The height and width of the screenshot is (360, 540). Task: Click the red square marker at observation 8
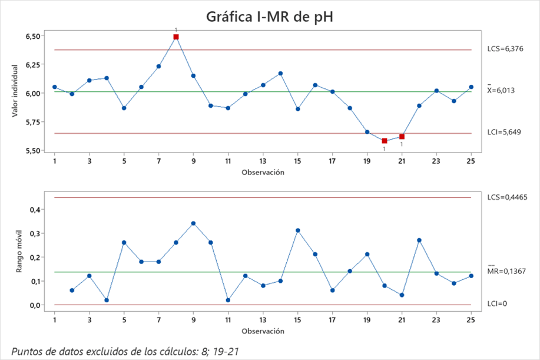point(176,37)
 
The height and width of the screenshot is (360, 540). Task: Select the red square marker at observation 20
point(385,141)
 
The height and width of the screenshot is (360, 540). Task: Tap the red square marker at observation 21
point(402,137)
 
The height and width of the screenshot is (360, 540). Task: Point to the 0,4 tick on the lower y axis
point(35,209)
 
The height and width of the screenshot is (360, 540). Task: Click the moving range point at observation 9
point(193,223)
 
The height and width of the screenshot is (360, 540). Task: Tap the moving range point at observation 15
point(297,230)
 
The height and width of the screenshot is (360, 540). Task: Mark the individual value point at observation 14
point(280,74)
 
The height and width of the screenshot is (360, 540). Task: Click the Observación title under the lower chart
point(263,331)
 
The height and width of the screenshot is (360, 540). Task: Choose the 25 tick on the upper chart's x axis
point(471,161)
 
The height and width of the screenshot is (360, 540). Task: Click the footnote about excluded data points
point(124,351)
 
